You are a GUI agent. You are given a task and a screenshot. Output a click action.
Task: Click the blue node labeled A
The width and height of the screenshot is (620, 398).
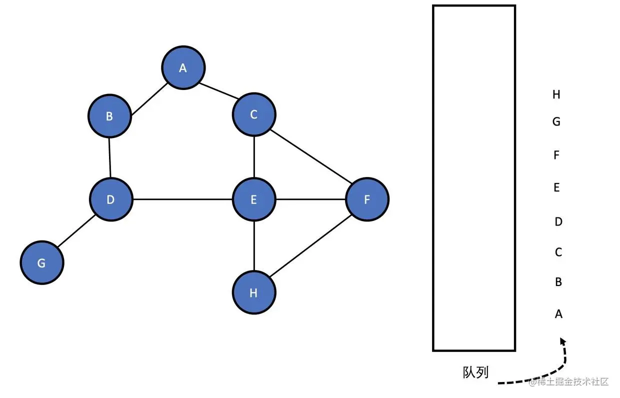click(x=183, y=68)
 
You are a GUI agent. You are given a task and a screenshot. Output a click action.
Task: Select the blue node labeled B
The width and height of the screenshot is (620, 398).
click(x=109, y=116)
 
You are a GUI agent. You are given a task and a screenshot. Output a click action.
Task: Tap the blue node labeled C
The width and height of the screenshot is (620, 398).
click(x=253, y=114)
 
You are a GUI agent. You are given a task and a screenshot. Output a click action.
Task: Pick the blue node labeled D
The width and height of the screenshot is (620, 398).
click(x=111, y=199)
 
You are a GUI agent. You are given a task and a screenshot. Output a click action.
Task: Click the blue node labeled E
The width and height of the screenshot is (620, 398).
click(x=254, y=199)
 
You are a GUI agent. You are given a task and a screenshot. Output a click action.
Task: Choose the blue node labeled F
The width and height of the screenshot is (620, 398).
click(x=367, y=199)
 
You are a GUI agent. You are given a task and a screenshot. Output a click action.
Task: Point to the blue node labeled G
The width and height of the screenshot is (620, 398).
click(x=42, y=262)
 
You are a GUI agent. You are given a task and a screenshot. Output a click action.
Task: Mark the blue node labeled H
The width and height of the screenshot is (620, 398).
click(x=254, y=292)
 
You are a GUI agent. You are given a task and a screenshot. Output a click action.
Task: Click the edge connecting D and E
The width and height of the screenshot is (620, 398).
click(x=182, y=199)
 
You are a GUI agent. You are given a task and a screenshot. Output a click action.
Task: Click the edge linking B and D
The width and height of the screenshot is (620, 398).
click(x=110, y=157)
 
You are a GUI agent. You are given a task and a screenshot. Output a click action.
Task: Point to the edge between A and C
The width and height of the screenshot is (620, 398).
click(x=218, y=91)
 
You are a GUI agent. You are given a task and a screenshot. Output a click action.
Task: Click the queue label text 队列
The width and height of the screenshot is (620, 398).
click(x=475, y=372)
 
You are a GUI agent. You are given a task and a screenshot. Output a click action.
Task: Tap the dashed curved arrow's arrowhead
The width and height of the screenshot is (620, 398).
click(x=562, y=341)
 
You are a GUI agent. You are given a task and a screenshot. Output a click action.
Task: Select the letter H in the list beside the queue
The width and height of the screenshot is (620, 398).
click(x=556, y=94)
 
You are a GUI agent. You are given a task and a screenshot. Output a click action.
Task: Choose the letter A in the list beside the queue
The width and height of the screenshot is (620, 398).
click(x=558, y=314)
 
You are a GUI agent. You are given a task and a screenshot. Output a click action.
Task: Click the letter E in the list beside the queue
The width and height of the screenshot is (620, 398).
click(x=557, y=187)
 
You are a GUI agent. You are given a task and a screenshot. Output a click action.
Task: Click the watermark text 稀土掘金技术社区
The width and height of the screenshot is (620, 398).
click(x=572, y=382)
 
